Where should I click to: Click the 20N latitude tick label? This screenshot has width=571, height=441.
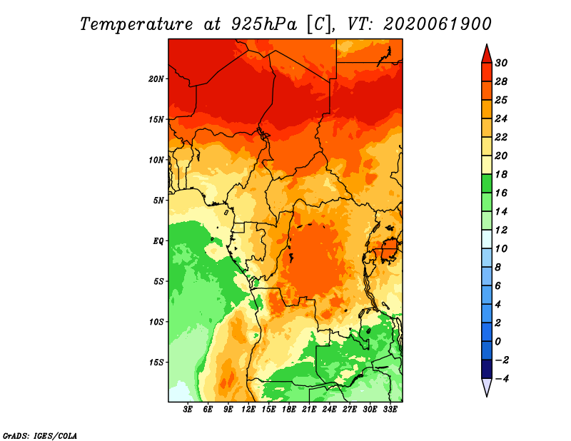(156, 79)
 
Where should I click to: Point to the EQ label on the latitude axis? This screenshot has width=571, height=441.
(158, 241)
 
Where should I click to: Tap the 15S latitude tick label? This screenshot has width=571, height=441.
(157, 363)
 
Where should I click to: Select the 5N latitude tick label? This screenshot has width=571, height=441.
(158, 201)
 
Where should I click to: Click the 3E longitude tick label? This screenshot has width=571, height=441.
(188, 410)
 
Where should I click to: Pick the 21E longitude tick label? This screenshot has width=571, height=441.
(309, 410)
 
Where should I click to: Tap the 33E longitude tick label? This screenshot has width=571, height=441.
(390, 410)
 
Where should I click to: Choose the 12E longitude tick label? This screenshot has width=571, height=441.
(248, 410)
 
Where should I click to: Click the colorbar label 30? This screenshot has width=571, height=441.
(501, 63)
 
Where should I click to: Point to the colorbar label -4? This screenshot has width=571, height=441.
(502, 379)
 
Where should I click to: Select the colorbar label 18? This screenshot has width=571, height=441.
(501, 174)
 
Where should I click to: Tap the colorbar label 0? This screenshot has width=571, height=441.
(497, 342)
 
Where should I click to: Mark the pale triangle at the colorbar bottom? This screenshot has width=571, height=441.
(487, 386)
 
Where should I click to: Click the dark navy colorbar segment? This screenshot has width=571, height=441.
(487, 369)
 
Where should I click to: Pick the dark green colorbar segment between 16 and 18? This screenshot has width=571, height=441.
(487, 183)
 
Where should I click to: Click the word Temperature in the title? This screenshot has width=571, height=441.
(136, 24)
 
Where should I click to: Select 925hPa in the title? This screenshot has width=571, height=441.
(264, 24)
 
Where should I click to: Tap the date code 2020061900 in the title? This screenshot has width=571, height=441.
(437, 24)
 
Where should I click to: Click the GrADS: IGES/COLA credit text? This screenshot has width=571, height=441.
(40, 436)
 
